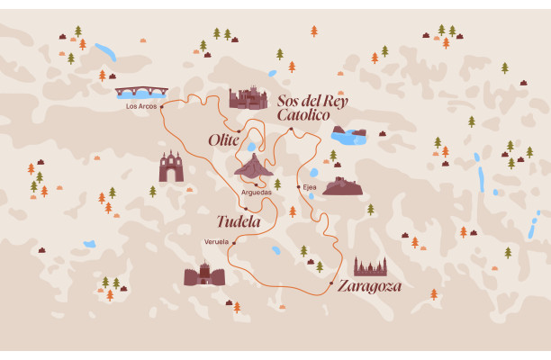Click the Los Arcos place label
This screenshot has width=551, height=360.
[141, 106]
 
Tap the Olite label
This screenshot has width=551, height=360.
[223, 139]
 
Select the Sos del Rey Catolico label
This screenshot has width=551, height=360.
[312, 107]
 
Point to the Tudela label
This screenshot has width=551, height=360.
[239, 221]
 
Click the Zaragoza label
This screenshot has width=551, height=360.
[369, 286]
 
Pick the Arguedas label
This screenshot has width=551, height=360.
[256, 192]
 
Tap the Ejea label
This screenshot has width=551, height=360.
[310, 187]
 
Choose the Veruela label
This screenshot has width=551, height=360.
[216, 242]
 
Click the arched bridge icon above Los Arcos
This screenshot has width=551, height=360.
[141, 92]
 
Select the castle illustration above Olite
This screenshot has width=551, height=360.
[248, 98]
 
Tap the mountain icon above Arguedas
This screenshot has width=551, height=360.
[254, 165]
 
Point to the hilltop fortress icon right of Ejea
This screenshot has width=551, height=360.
[343, 185]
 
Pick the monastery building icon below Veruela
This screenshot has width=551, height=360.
[204, 274]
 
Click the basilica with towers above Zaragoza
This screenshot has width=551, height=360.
[370, 266]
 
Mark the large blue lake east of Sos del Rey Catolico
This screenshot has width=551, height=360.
[348, 135]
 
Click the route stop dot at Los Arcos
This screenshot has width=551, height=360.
[162, 106]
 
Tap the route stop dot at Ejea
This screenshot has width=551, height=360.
[298, 187]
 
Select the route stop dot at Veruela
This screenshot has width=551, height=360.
[233, 242]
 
